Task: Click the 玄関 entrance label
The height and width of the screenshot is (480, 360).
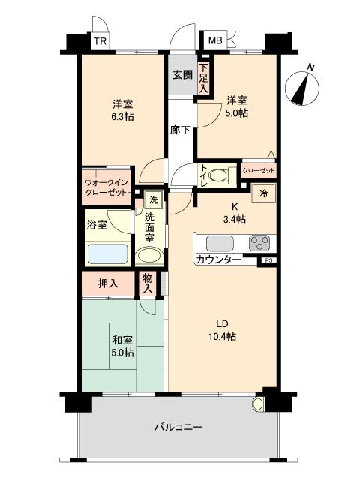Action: coord(182,75)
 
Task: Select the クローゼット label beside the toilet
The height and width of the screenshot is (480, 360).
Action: coord(259,171)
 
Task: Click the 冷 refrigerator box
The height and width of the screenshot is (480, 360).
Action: coord(265,193)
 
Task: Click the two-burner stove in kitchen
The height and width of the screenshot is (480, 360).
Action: coord(259,243)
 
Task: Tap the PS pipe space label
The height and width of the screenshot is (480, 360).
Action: coord(268,260)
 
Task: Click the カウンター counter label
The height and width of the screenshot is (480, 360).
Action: coord(218,259)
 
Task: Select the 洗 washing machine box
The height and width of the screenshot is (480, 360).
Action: coord(153,200)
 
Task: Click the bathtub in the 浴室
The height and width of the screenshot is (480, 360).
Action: coord(106,253)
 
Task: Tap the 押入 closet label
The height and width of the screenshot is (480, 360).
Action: coord(108,283)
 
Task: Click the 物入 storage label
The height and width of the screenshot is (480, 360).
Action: coord(148,283)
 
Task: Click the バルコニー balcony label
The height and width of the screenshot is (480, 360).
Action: coord(178,427)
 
